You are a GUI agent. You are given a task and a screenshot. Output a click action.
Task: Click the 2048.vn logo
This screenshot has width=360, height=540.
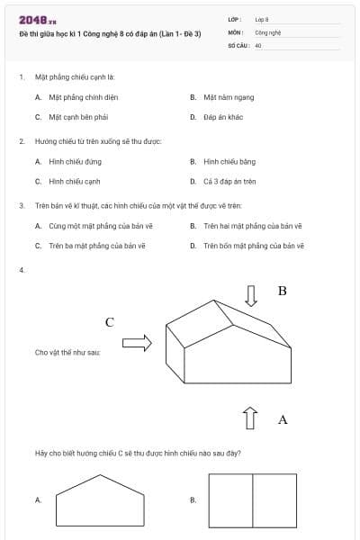click(x=38, y=19)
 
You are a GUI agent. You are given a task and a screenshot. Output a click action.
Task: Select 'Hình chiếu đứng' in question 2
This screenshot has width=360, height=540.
click(x=71, y=161)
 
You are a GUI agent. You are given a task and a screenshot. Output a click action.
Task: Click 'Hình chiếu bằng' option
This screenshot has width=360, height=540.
click(x=229, y=161)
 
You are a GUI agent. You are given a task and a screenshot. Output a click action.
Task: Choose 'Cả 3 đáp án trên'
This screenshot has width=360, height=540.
click(x=229, y=181)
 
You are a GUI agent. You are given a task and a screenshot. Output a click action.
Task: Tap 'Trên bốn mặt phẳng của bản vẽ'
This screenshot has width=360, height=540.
click(x=254, y=245)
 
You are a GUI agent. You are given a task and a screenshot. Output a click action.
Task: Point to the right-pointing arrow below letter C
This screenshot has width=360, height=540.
click(x=137, y=342)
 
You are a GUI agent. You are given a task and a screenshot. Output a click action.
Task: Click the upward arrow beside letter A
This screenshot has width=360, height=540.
click(x=251, y=417)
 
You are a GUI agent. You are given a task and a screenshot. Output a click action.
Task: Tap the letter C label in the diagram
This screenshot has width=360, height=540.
click(x=109, y=322)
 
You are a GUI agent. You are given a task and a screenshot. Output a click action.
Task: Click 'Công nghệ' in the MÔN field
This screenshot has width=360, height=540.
click(x=268, y=31)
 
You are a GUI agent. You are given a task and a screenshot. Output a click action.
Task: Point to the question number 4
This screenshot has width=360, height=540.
click(x=21, y=270)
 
